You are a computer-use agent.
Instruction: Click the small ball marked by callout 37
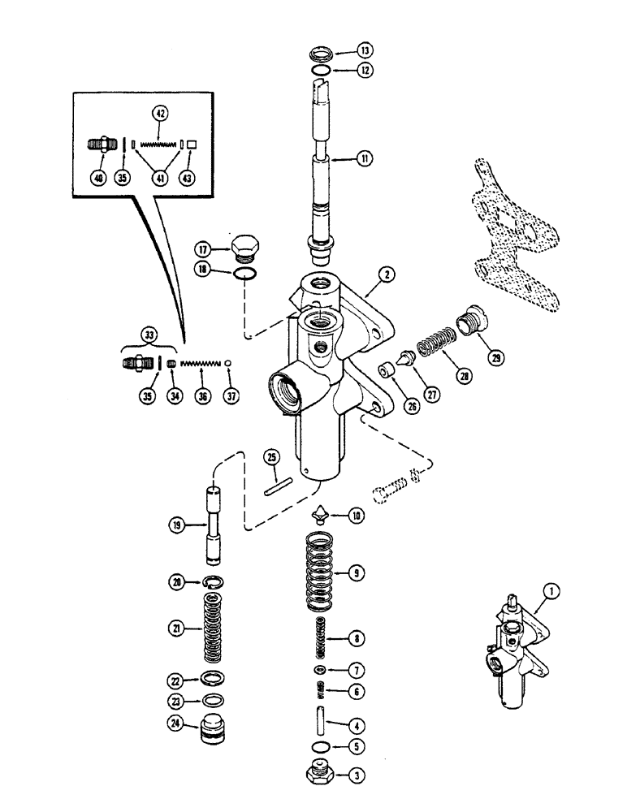(230, 361)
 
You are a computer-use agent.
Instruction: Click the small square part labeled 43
(192, 144)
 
